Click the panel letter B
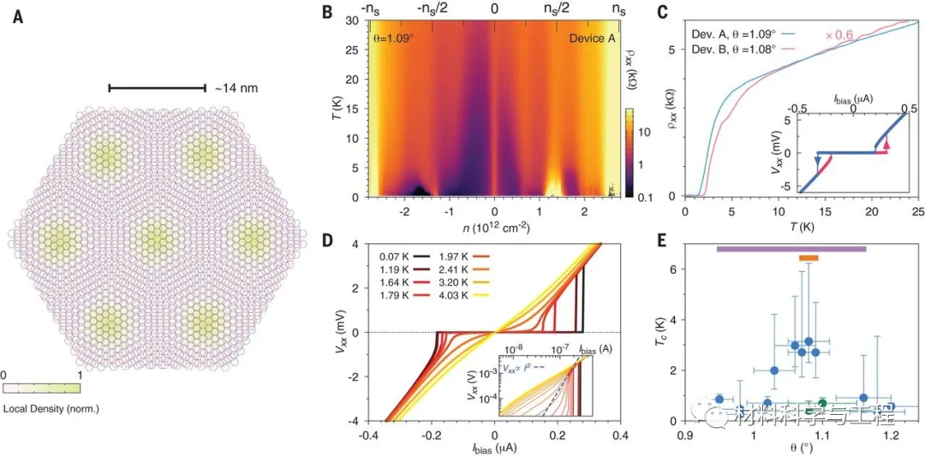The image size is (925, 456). pos(325,12)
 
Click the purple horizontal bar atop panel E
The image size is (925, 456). pos(791,249)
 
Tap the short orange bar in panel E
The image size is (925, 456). pos(809,258)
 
